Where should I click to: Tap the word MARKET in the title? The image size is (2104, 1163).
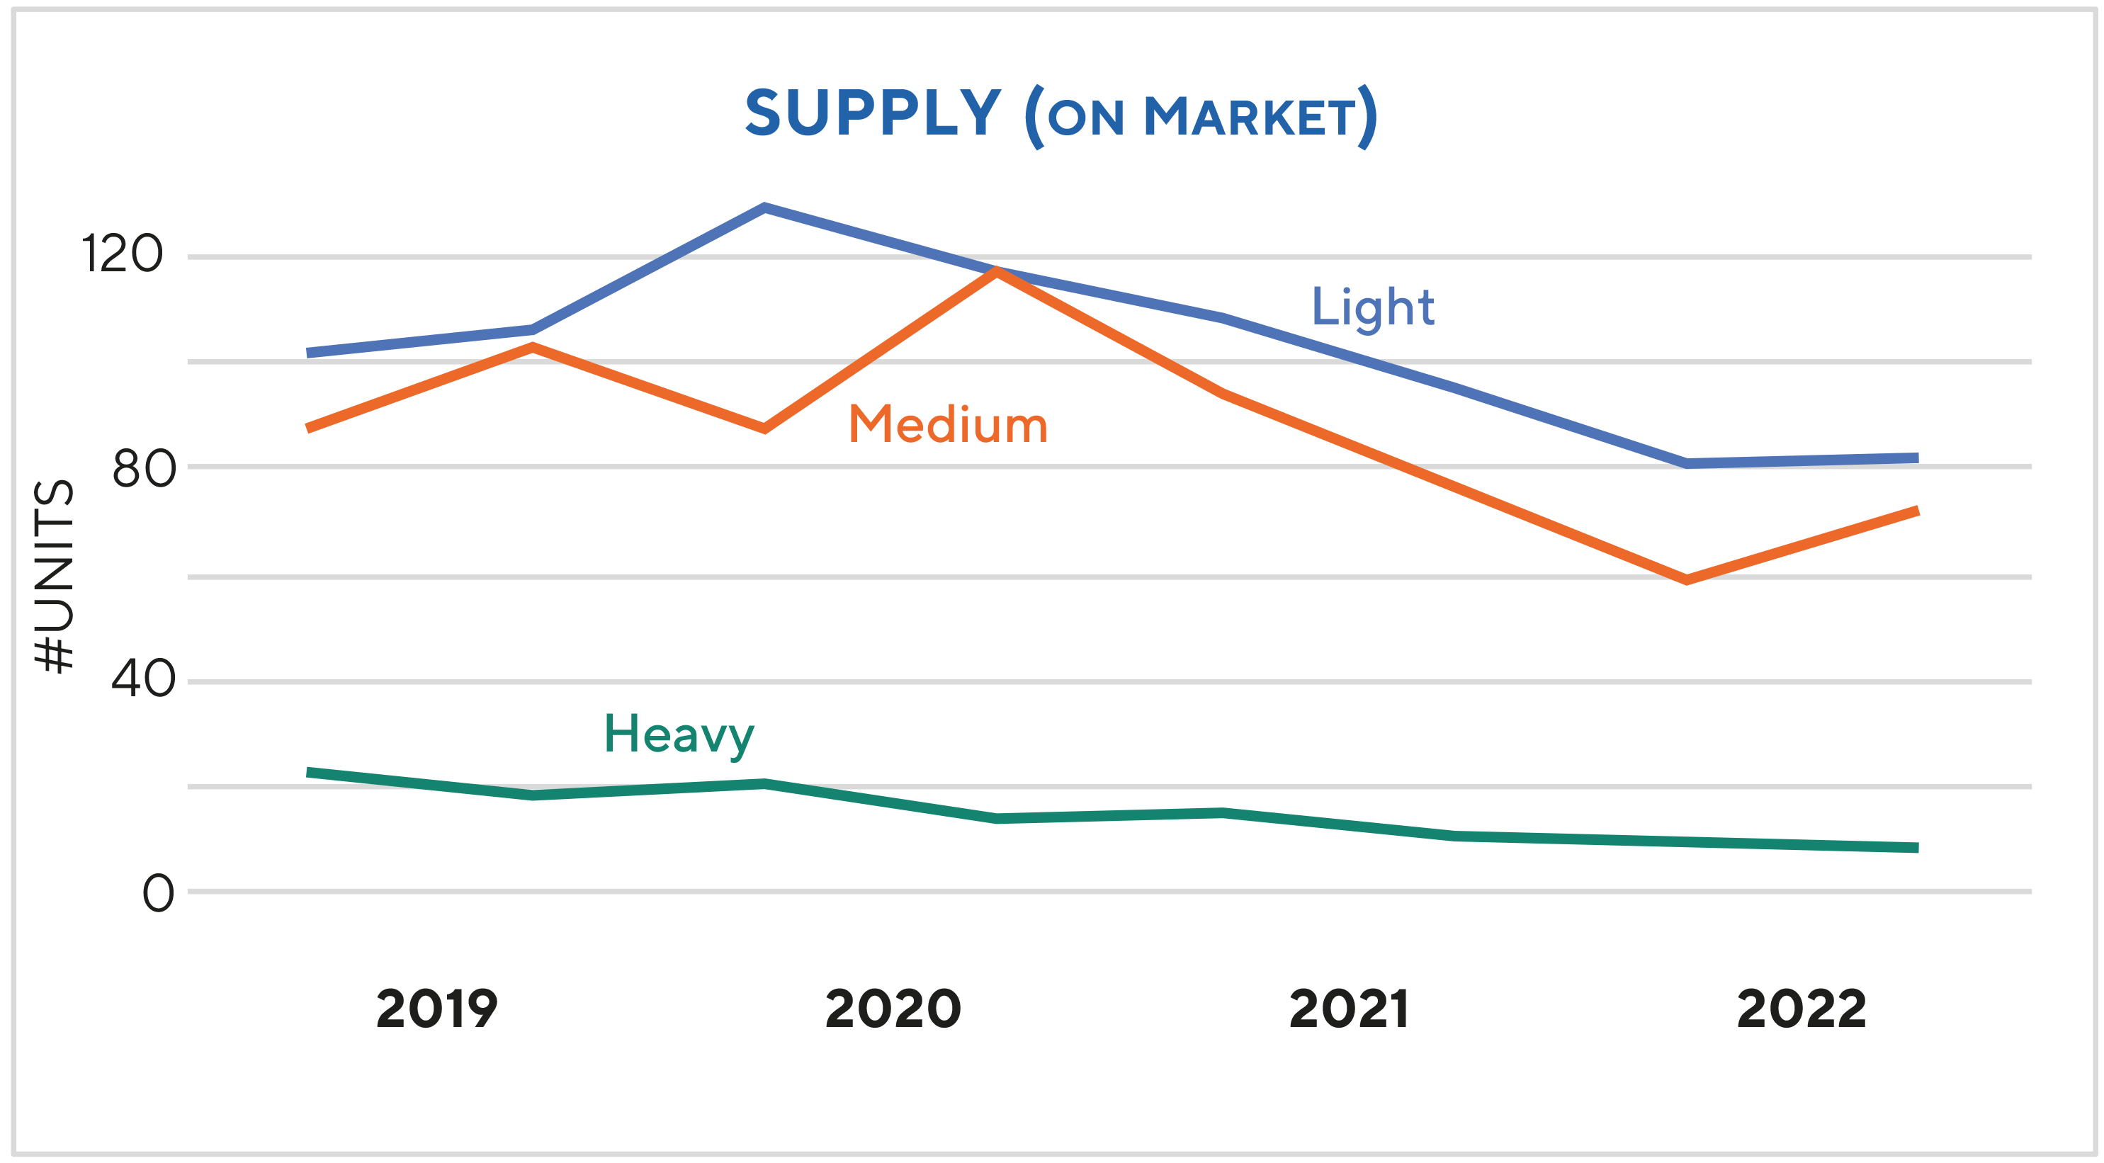tap(1250, 117)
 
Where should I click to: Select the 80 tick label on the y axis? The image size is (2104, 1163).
tap(144, 470)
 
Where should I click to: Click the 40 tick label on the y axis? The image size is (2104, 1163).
tap(144, 679)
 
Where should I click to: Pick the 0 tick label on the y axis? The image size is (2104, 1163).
tap(159, 892)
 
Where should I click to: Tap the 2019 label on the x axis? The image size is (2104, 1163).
tap(437, 1009)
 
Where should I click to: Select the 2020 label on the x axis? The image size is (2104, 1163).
tap(893, 1009)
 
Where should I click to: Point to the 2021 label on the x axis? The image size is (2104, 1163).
tap(1349, 1009)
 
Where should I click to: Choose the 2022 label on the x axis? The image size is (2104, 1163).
tap(1801, 1009)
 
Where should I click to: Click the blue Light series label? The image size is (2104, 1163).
tap(1372, 308)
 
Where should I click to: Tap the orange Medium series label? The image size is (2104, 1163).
tap(947, 425)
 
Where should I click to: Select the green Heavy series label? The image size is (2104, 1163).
tap(679, 734)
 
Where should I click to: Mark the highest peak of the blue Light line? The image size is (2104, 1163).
tap(764, 207)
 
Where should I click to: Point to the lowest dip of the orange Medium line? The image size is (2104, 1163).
tap(1687, 580)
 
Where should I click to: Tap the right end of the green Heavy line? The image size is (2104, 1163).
tap(1917, 848)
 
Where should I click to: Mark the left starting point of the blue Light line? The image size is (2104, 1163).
tap(308, 353)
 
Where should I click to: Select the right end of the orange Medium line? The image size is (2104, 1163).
tap(1917, 511)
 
